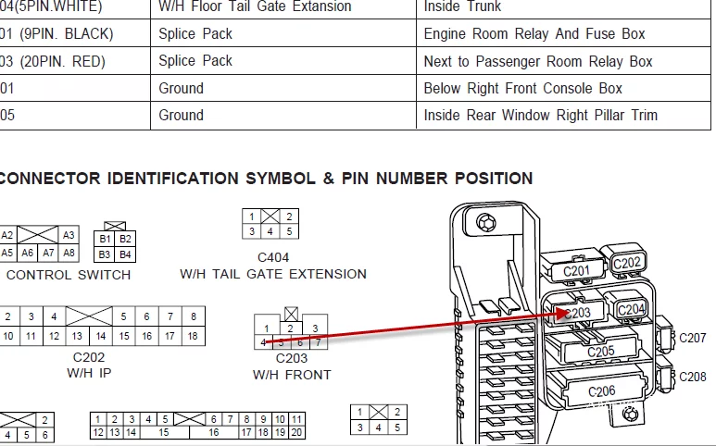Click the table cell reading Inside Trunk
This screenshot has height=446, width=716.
click(462, 7)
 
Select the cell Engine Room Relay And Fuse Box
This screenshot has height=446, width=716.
click(534, 34)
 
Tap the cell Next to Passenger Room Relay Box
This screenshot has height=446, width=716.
click(538, 62)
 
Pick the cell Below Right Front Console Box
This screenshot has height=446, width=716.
click(523, 89)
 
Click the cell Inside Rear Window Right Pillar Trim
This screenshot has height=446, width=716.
click(541, 116)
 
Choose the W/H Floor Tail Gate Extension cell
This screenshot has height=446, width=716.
click(255, 7)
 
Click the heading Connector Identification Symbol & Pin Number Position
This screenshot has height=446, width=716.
click(266, 179)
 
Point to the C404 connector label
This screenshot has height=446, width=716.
click(273, 256)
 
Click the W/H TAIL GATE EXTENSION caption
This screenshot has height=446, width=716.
click(273, 274)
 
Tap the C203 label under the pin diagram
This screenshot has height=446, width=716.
click(292, 358)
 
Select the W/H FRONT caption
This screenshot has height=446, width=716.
click(292, 375)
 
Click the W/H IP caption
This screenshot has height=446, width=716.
click(89, 373)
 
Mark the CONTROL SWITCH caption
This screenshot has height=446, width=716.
click(69, 275)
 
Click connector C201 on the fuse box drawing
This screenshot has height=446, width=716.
click(576, 271)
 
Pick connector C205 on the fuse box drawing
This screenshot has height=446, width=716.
click(601, 352)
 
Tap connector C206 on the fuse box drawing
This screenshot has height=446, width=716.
click(601, 391)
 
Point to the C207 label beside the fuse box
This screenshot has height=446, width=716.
click(693, 339)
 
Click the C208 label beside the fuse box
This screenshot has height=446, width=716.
click(693, 377)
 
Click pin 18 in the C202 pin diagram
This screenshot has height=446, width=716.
click(193, 337)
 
